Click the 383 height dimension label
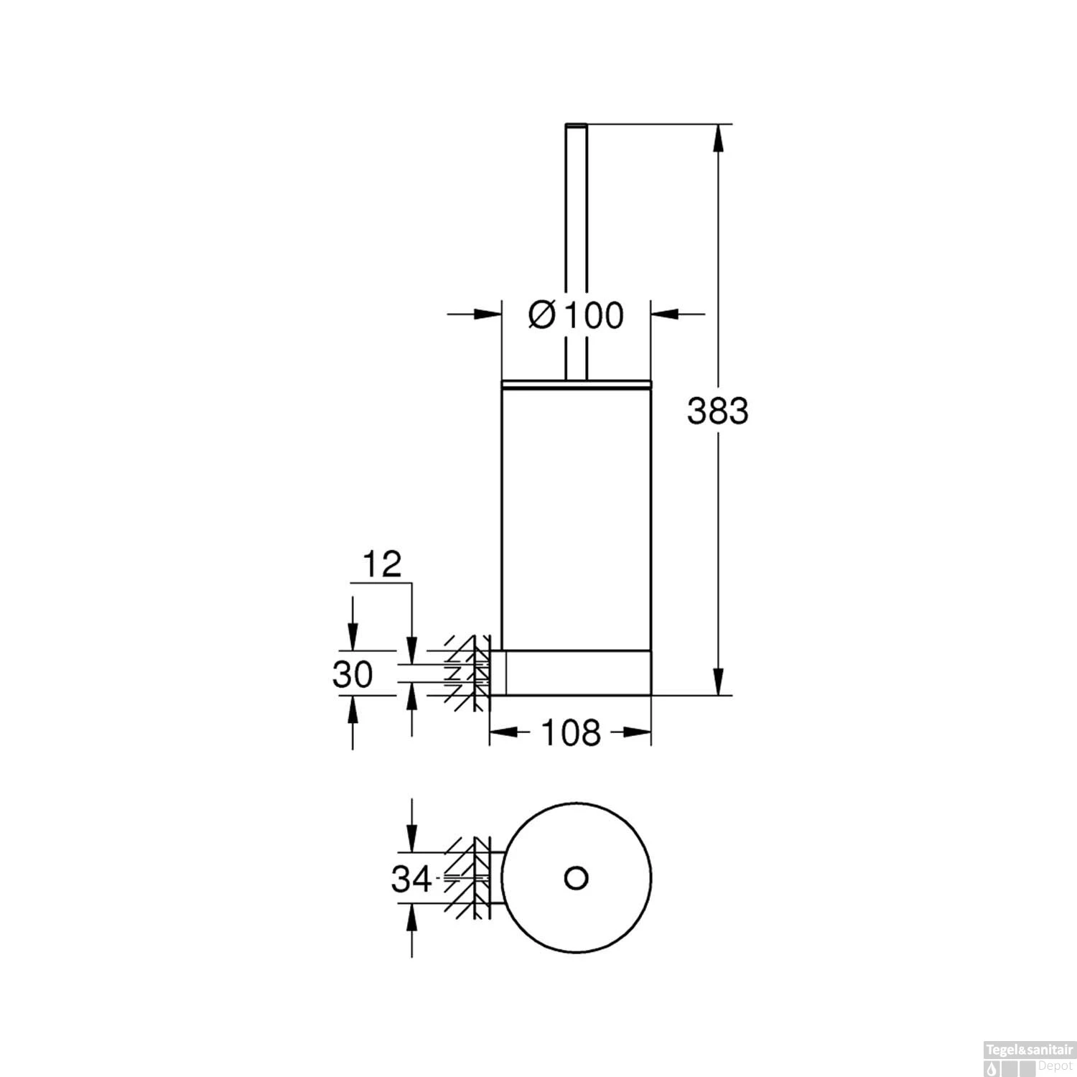coord(717,411)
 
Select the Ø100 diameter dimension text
coord(576,315)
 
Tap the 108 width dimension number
coord(570,732)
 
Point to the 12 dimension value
coord(381,565)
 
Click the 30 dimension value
coord(353,675)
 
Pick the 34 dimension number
coord(411,878)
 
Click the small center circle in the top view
coord(576,877)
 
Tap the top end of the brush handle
coord(576,126)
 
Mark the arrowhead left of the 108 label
coord(504,732)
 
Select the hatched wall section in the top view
coord(467,877)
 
